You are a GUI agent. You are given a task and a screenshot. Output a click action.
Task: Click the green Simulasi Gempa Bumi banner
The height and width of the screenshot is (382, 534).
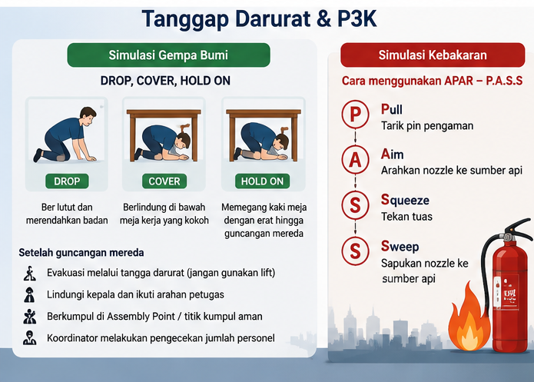point(168,55)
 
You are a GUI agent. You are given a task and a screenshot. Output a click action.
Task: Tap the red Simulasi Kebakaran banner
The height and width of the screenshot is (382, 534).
point(433,55)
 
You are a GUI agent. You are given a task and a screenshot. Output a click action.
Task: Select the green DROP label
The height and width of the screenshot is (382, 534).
point(67,181)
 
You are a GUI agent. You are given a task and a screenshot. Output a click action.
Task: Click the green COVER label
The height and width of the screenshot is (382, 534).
point(164,181)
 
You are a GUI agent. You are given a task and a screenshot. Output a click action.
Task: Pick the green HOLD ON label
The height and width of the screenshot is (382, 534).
point(262,181)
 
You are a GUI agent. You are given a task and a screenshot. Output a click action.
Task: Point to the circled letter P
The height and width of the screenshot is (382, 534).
point(355,114)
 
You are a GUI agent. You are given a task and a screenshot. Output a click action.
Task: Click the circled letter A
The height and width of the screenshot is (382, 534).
point(355,159)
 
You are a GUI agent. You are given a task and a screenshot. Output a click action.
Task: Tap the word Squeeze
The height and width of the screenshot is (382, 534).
point(405,200)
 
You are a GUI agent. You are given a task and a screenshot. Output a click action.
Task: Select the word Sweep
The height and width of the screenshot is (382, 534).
point(400,246)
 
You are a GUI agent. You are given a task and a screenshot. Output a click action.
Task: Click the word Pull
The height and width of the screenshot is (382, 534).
point(392,109)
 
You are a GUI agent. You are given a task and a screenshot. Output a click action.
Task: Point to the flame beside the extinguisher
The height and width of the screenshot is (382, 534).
point(469,319)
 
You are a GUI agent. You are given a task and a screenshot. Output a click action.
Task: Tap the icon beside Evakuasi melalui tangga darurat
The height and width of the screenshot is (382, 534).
point(30,274)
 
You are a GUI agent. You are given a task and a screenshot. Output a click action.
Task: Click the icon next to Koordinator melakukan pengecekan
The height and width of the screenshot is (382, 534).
point(30,337)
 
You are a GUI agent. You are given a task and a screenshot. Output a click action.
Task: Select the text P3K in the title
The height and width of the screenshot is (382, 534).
point(357,18)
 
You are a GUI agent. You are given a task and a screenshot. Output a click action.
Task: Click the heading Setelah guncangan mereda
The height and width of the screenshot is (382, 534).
point(81,253)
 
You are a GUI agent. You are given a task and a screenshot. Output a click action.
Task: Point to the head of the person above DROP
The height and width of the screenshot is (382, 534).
point(88,115)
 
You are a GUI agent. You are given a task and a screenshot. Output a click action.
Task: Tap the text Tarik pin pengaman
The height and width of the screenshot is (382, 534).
point(427,126)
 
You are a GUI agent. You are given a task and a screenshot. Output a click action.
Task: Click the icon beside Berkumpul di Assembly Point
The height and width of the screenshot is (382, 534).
point(30,316)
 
